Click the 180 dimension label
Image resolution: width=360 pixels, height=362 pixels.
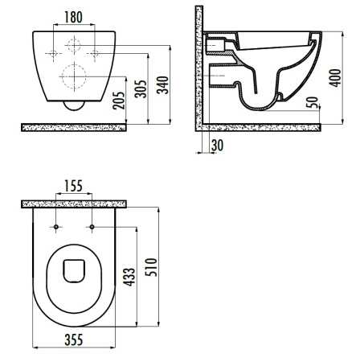pyautogui.click(x=73, y=17)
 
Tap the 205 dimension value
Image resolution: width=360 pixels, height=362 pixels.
pyautogui.click(x=119, y=101)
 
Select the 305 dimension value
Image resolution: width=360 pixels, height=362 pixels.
pyautogui.click(x=141, y=88)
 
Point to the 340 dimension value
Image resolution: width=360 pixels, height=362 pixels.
pyautogui.click(x=162, y=85)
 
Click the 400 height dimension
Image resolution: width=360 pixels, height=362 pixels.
pyautogui.click(x=335, y=78)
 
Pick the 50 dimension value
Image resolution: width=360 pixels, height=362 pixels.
pyautogui.click(x=313, y=102)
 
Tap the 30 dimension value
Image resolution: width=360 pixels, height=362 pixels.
pyautogui.click(x=217, y=146)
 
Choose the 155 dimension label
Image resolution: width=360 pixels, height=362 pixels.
pyautogui.click(x=73, y=186)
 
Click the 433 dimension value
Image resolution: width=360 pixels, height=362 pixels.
pyautogui.click(x=129, y=277)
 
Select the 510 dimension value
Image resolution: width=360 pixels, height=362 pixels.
pyautogui.click(x=151, y=267)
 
